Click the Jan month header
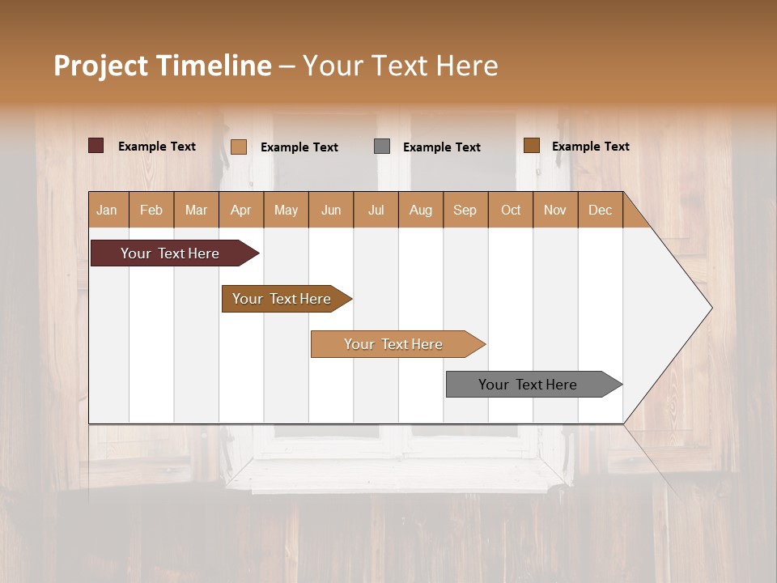pyautogui.click(x=107, y=210)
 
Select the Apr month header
pyautogui.click(x=240, y=210)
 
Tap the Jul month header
pyautogui.click(x=376, y=210)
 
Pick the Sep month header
pyautogui.click(x=465, y=210)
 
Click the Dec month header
pyautogui.click(x=600, y=210)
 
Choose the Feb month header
pyautogui.click(x=151, y=210)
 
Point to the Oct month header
pyautogui.click(x=511, y=210)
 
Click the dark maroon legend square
pyautogui.click(x=96, y=146)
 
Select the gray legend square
pyautogui.click(x=382, y=146)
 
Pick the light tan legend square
pyautogui.click(x=238, y=147)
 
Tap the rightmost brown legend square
pyautogui.click(x=531, y=145)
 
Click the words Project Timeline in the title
pyautogui.click(x=162, y=66)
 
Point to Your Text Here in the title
pyautogui.click(x=400, y=66)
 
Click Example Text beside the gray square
pyautogui.click(x=441, y=147)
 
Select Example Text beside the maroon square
pyautogui.click(x=156, y=147)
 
